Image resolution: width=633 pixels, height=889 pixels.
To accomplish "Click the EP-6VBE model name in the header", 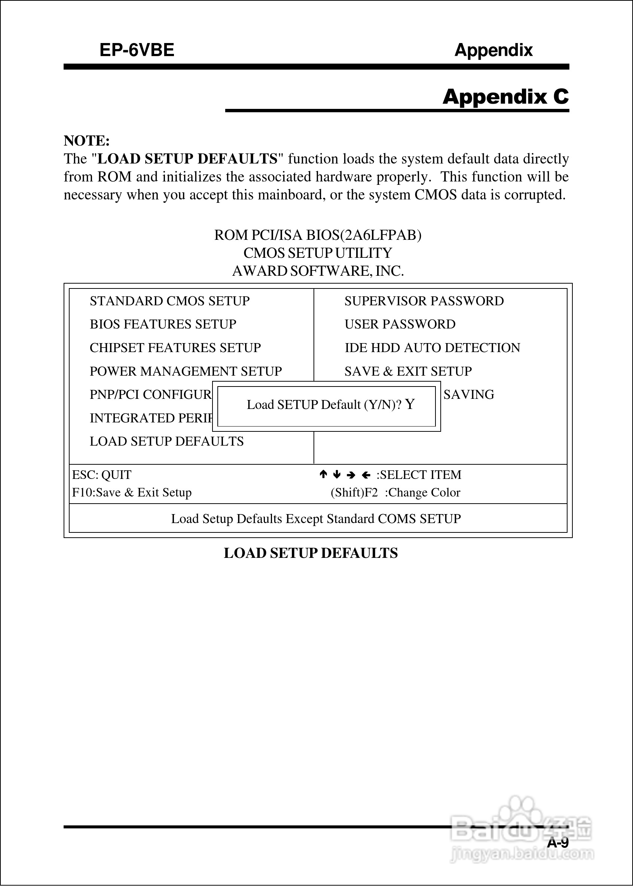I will (137, 50).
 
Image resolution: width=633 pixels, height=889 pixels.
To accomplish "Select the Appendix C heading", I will (505, 97).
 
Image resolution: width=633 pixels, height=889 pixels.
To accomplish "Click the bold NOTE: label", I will (86, 141).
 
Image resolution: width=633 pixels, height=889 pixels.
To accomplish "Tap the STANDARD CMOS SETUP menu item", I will (169, 301).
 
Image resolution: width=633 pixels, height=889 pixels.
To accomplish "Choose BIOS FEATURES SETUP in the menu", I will (163, 324).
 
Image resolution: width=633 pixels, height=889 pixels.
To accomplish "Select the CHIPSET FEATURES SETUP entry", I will (175, 348).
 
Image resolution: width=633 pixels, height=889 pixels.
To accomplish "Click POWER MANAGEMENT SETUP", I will (186, 371).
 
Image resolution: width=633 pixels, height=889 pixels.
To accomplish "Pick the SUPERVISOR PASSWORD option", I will (424, 301).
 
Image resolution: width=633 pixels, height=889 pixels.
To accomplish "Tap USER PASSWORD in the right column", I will (400, 324).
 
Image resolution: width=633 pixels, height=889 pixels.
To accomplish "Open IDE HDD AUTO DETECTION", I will (432, 348).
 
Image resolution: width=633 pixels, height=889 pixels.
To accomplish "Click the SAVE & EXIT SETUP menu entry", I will (408, 371).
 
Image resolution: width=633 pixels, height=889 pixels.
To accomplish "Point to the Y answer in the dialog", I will (410, 404).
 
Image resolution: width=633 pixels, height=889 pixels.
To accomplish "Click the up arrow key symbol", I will (323, 474).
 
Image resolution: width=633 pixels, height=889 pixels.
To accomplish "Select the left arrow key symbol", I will (366, 475).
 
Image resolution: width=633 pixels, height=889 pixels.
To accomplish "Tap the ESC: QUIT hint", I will (102, 475).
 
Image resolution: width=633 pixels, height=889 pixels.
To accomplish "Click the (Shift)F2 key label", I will (354, 493).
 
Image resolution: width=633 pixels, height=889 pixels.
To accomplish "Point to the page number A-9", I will (558, 842).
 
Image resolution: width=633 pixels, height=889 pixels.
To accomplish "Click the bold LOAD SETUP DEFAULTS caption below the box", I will (311, 553).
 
